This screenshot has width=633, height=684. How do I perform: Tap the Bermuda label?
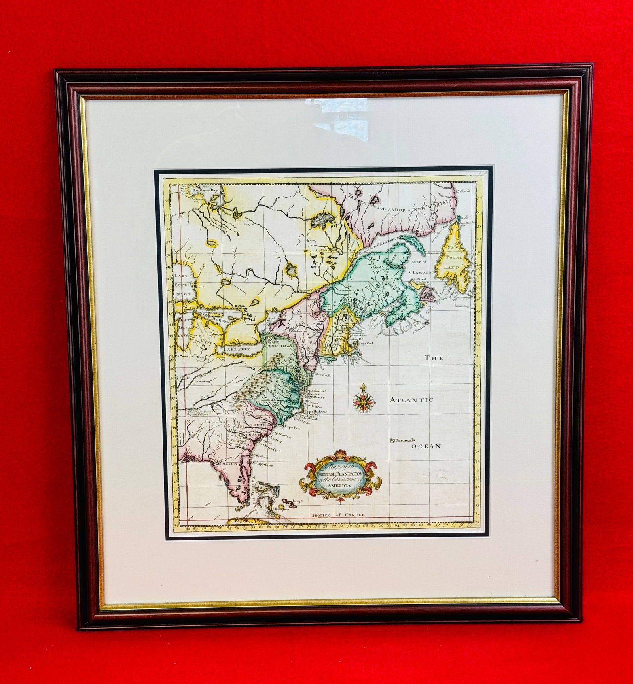(403, 440)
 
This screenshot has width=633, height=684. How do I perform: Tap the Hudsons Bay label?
(205, 190)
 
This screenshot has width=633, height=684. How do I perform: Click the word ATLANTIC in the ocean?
(411, 400)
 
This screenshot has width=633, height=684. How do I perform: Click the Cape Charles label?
(315, 390)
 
